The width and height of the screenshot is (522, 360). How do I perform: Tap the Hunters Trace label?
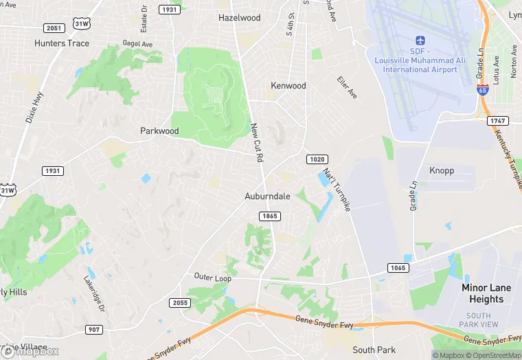[61, 43]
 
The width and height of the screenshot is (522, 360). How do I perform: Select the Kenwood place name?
[288, 86]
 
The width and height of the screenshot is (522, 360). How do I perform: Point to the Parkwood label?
[159, 131]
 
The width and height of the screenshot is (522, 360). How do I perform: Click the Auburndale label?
[267, 196]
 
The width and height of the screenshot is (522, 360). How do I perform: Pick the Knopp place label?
[442, 170]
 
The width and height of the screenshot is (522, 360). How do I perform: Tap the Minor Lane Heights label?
[486, 293]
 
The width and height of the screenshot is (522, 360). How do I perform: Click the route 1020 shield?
[316, 159]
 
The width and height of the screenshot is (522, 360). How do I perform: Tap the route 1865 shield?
[269, 216]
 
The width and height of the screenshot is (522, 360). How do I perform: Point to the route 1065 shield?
[398, 267]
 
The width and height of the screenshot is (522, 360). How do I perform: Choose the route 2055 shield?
[179, 302]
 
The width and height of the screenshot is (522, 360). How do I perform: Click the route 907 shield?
[95, 330]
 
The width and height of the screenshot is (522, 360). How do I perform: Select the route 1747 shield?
[497, 121]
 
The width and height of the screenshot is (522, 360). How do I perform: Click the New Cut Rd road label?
[258, 142]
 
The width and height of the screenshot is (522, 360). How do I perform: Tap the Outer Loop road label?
[212, 277]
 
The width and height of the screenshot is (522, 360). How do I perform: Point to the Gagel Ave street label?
[137, 43]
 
